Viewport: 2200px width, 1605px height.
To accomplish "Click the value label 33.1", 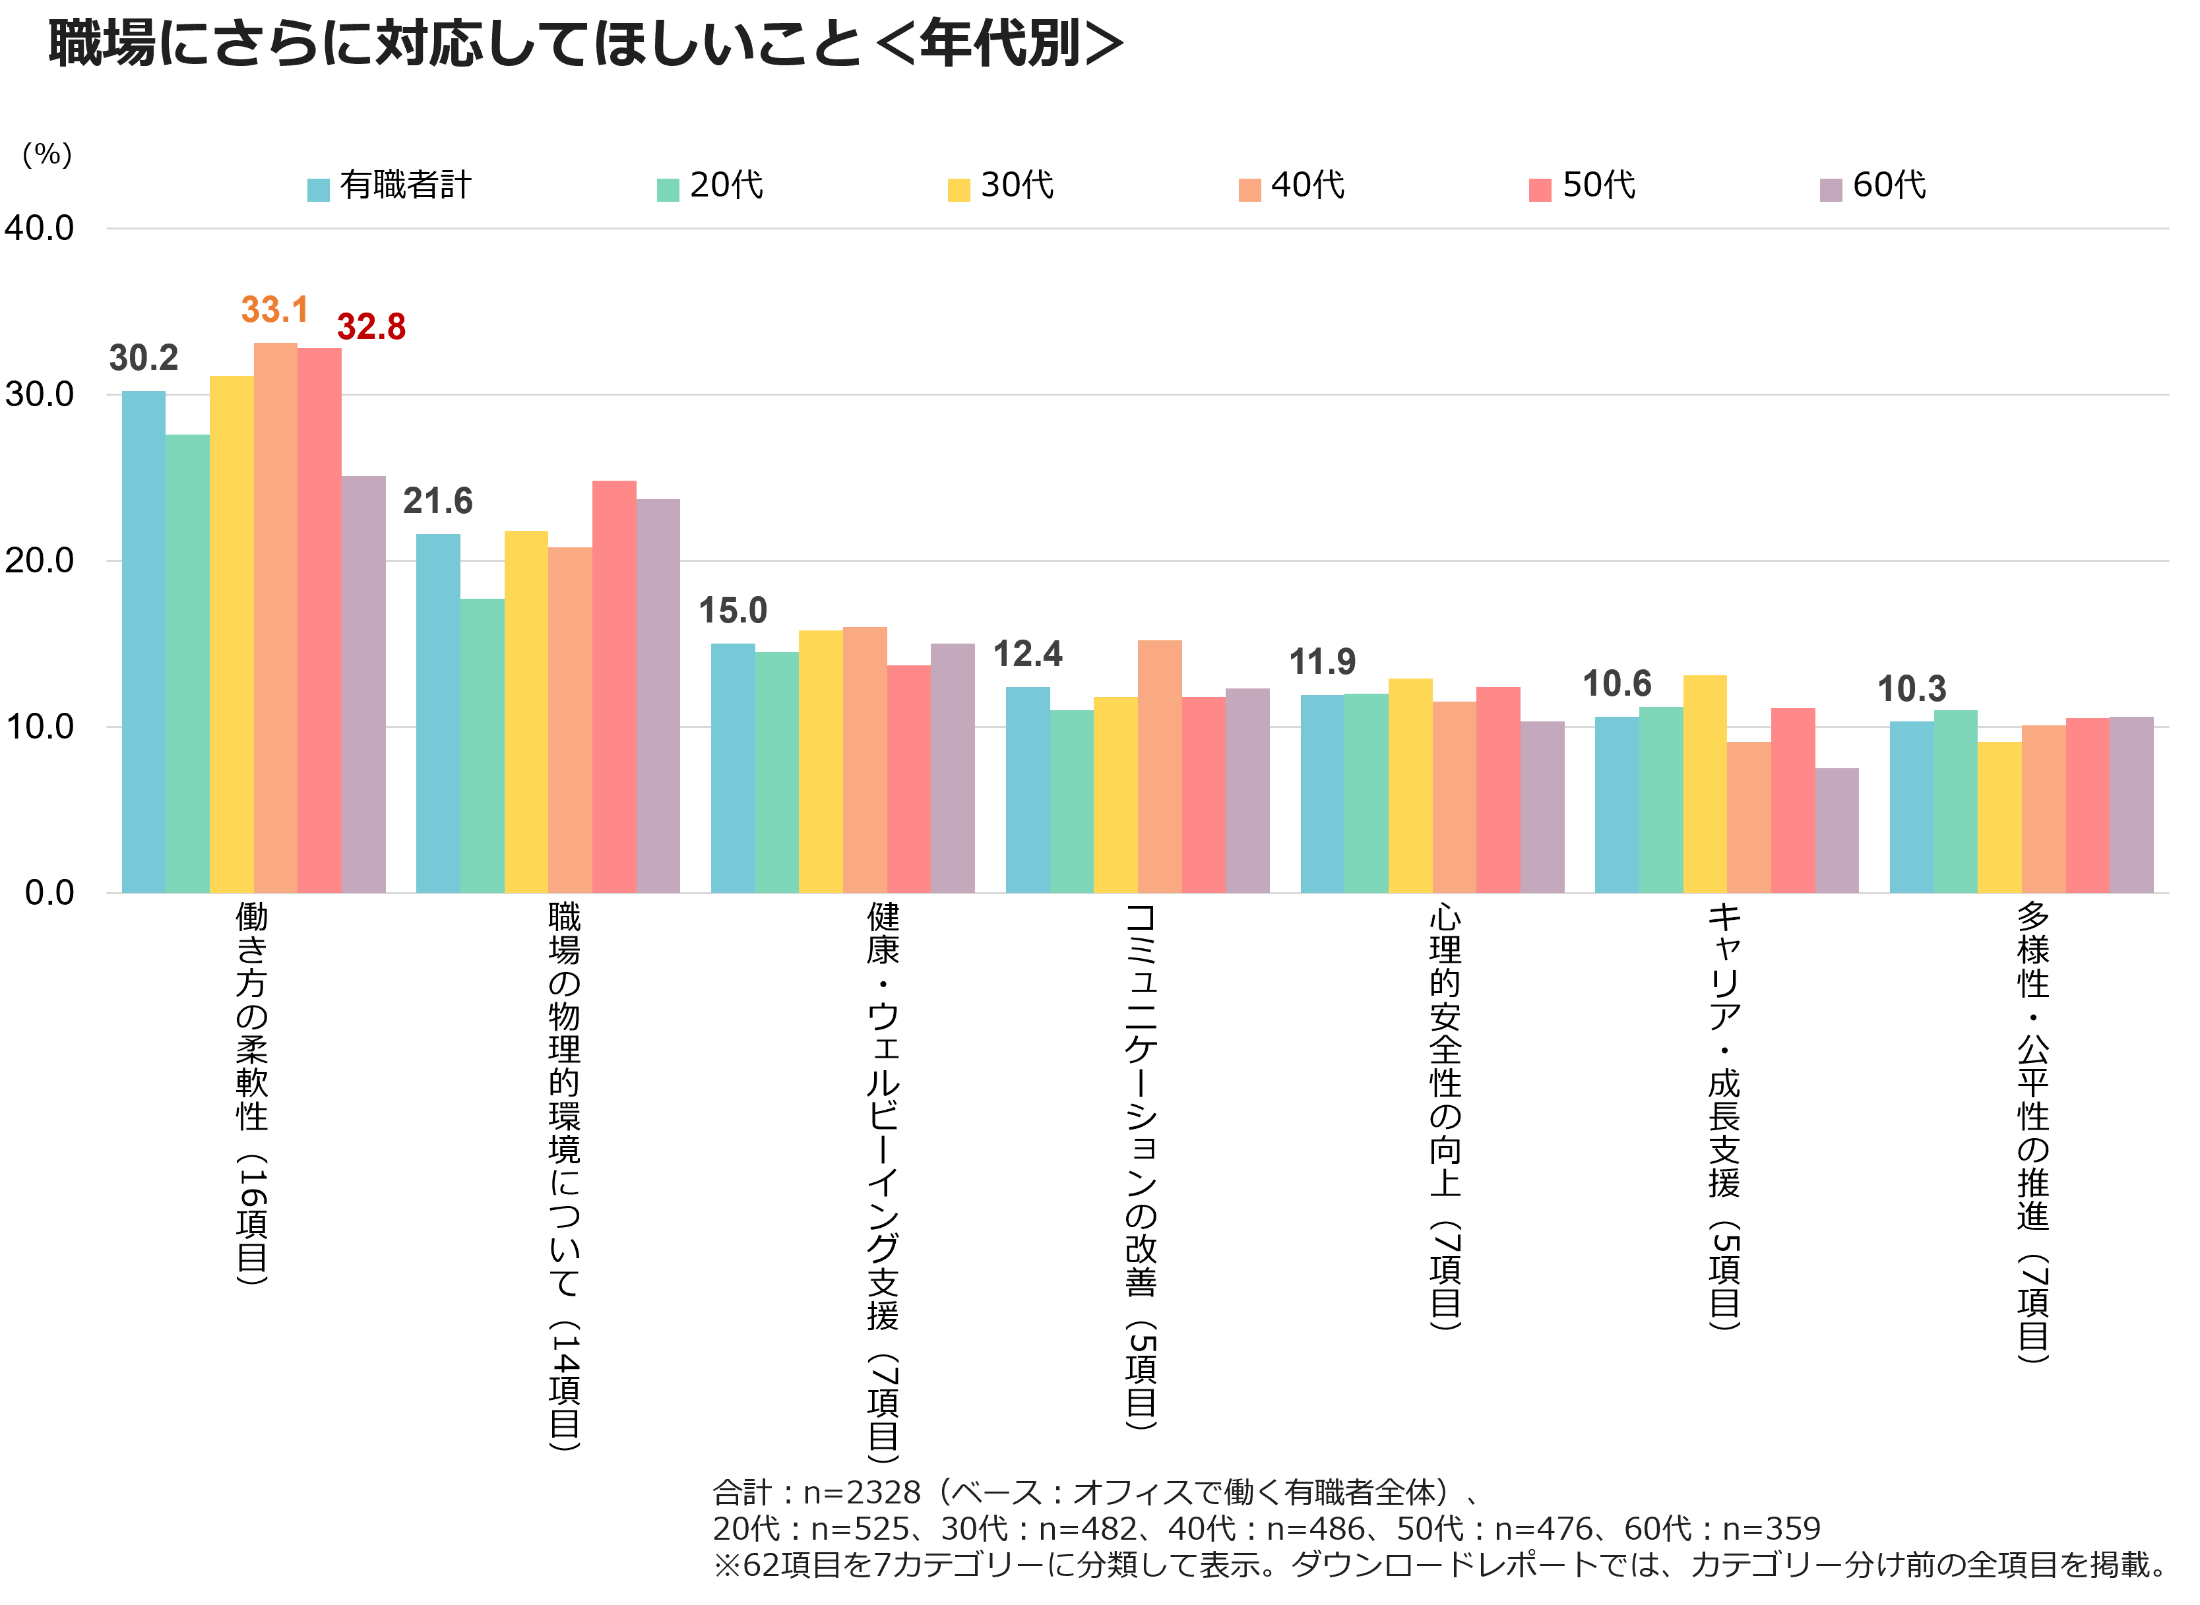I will pyautogui.click(x=274, y=310).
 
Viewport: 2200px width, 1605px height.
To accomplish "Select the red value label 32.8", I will pyautogui.click(x=371, y=328).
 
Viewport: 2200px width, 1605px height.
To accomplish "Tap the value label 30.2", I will pyautogui.click(x=144, y=359).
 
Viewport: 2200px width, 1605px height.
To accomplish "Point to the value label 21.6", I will pyautogui.click(x=437, y=501).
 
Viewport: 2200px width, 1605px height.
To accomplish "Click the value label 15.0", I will pyautogui.click(x=733, y=611).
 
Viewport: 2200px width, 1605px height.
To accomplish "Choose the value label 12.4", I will pyautogui.click(x=1027, y=655).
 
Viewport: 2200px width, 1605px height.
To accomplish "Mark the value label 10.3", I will pyautogui.click(x=1912, y=690).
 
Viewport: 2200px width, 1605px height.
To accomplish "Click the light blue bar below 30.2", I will pyautogui.click(x=144, y=641).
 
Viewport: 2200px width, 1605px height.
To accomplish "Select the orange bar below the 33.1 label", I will pyautogui.click(x=276, y=617).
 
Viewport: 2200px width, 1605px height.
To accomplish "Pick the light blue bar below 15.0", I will pyautogui.click(x=733, y=768).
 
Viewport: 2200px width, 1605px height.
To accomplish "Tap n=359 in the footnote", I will pyautogui.click(x=1771, y=1529).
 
